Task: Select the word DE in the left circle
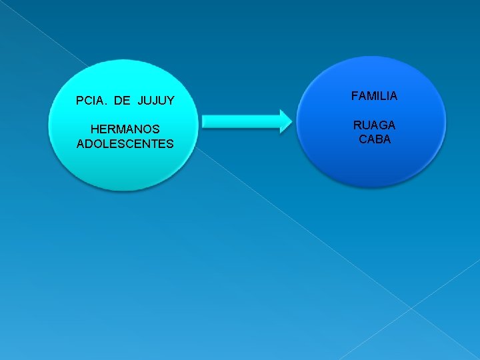point(122,101)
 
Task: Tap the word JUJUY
point(156,101)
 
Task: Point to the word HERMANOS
point(125,129)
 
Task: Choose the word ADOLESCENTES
point(125,143)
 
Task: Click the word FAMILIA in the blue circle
point(374,96)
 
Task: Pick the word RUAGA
point(374,125)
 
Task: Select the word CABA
point(374,139)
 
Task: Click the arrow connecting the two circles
point(245,121)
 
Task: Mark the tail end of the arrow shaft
point(203,121)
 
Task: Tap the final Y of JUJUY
point(171,101)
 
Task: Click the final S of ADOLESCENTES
point(170,143)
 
